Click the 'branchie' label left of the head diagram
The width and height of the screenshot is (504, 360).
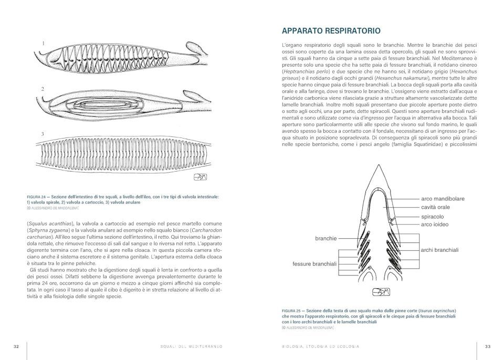click(x=325, y=238)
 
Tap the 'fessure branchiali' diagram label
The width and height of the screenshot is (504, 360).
click(x=315, y=264)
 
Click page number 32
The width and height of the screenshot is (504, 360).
click(x=16, y=346)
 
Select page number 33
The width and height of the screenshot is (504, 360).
click(x=487, y=346)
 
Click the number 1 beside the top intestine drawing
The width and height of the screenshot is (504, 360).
click(x=43, y=43)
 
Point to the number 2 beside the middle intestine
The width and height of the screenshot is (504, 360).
click(x=43, y=89)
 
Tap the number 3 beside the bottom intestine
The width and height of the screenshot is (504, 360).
click(x=43, y=134)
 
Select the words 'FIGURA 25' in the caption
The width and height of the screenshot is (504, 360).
click(x=291, y=311)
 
